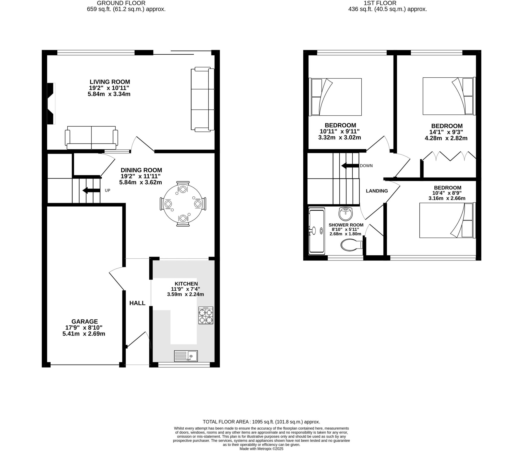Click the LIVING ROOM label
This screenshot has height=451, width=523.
tap(110, 82)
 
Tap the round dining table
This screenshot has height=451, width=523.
tap(183, 204)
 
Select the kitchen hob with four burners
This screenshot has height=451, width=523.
tap(206, 315)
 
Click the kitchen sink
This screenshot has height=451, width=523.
tap(186, 356)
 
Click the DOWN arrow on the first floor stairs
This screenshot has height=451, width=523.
tap(350, 165)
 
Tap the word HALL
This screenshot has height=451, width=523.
tap(137, 303)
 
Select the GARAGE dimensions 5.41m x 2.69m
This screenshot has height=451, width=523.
tap(84, 334)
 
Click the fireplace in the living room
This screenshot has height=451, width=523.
tap(51, 103)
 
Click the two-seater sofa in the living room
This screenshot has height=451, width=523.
tap(91, 138)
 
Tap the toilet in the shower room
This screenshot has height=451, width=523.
tap(351, 245)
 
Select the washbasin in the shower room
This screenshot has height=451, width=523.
tap(346, 213)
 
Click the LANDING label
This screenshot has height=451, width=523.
tap(377, 191)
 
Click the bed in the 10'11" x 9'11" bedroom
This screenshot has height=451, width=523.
tap(336, 97)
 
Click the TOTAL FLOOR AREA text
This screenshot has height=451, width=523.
tap(261, 422)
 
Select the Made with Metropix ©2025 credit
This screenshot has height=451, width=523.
tap(261, 448)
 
